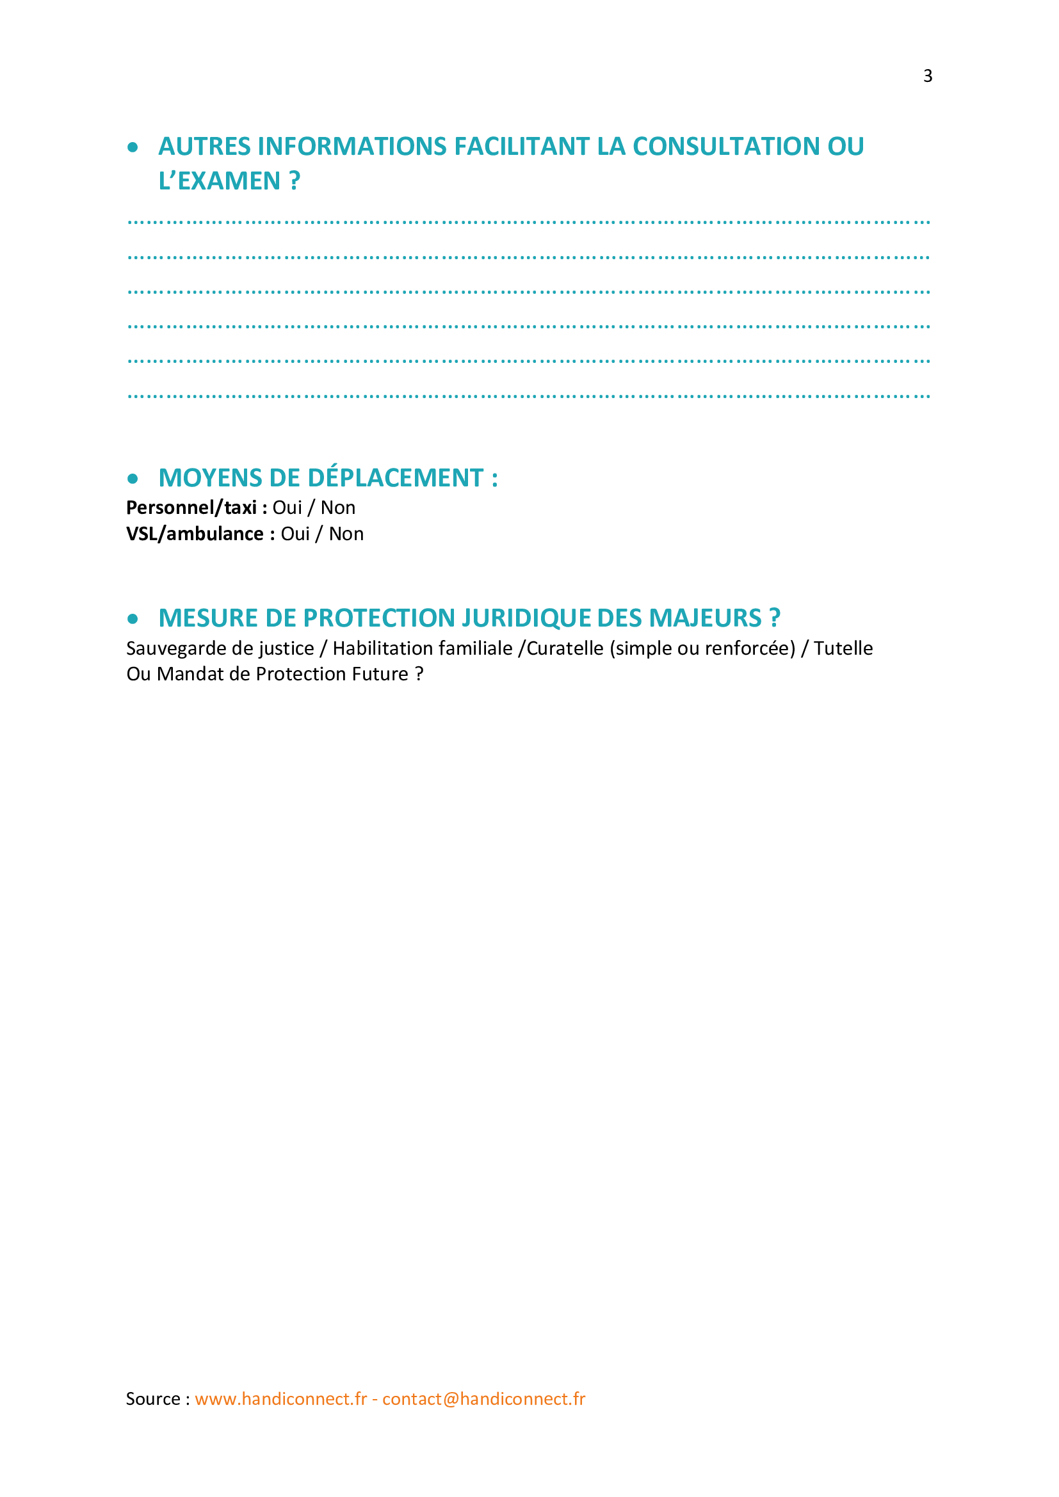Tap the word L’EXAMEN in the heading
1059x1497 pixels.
coord(220,181)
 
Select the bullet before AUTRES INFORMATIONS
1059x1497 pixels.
coord(133,148)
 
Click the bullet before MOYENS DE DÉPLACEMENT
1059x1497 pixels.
coord(133,479)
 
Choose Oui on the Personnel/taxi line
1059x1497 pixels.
coord(287,508)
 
